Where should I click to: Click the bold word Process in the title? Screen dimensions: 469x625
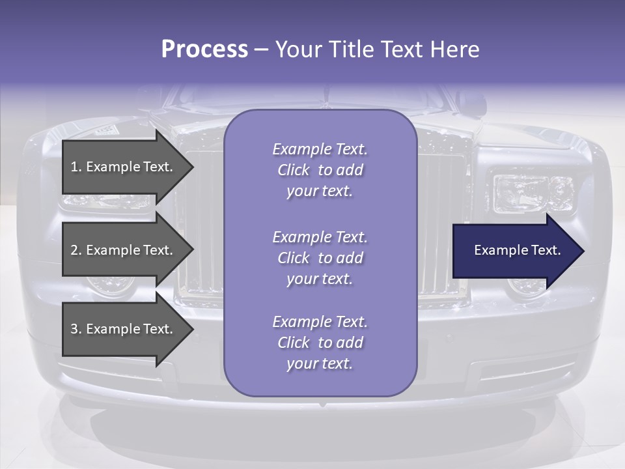pyautogui.click(x=204, y=50)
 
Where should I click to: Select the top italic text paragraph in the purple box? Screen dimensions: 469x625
pyautogui.click(x=320, y=170)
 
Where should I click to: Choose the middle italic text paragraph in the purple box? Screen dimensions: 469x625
pyautogui.click(x=320, y=258)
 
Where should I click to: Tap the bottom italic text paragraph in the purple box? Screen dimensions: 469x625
pyautogui.click(x=320, y=343)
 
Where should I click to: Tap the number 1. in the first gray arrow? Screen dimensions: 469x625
pyautogui.click(x=76, y=167)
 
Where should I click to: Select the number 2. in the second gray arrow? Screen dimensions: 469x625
pyautogui.click(x=76, y=250)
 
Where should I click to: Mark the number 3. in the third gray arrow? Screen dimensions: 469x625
pyautogui.click(x=76, y=329)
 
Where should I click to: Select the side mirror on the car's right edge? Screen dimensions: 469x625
pyautogui.click(x=471, y=103)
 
